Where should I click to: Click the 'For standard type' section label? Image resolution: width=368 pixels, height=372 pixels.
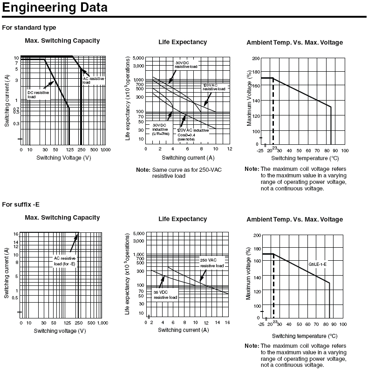click(x=29, y=27)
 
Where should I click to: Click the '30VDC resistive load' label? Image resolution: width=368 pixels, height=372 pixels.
click(x=186, y=65)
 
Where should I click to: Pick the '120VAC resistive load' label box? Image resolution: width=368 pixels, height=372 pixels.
click(x=214, y=87)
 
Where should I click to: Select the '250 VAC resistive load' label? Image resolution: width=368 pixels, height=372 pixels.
click(x=212, y=263)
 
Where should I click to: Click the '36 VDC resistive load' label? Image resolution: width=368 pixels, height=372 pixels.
click(x=165, y=294)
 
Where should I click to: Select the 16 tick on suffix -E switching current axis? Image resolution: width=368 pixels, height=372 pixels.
click(x=15, y=234)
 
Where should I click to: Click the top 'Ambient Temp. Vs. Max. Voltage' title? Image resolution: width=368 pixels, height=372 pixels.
click(x=294, y=42)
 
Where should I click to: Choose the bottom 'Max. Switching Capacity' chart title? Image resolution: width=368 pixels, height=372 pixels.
click(x=62, y=217)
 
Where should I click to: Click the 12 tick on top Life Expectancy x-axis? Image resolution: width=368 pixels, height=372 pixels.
click(x=229, y=149)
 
